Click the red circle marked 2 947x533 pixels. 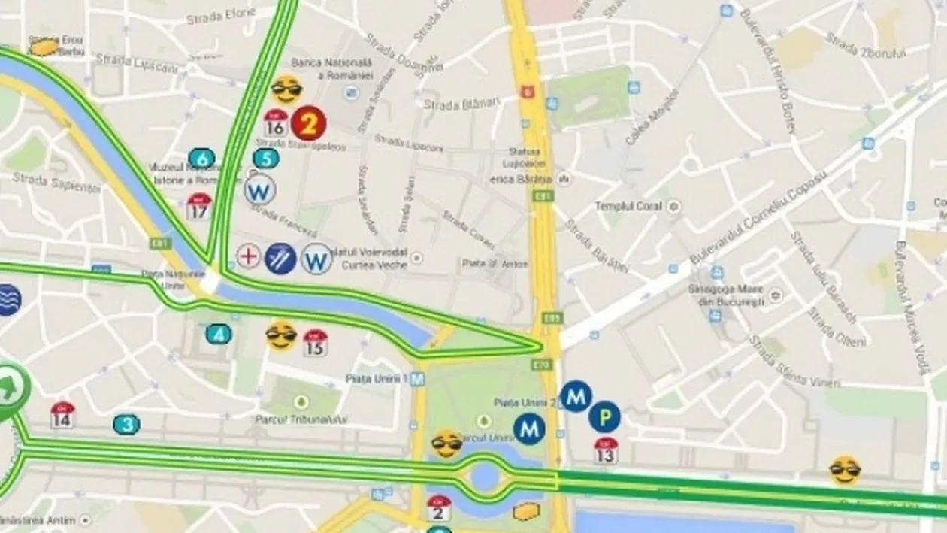tap(308, 123)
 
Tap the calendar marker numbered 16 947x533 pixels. tap(276, 123)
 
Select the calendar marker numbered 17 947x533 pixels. tap(199, 207)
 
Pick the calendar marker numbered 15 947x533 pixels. tap(316, 344)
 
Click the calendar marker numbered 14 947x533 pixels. tap(62, 416)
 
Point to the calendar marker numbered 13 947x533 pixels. tap(606, 451)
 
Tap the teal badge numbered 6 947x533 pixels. tap(201, 159)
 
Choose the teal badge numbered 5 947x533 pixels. tap(265, 159)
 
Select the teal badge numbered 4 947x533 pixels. tap(219, 334)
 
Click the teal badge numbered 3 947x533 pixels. tap(127, 425)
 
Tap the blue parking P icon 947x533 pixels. tap(604, 416)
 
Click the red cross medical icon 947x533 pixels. tap(248, 256)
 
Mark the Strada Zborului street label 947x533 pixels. tap(866, 44)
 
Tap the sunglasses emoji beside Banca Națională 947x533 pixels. tap(287, 90)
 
